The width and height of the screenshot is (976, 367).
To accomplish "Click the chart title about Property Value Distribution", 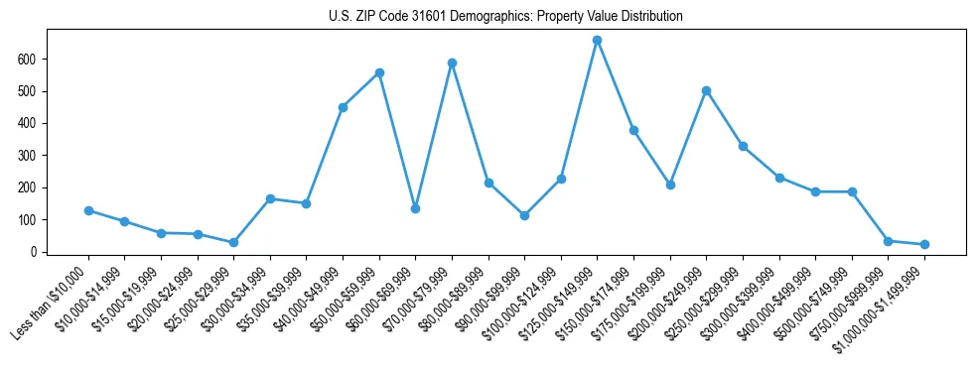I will (505, 16).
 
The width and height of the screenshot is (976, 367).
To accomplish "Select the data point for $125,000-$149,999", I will (598, 41).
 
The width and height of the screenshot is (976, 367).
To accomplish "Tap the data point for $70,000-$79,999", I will (452, 62).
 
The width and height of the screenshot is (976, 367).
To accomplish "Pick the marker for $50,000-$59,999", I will (379, 72).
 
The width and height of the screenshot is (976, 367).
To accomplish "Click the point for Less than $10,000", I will (88, 210).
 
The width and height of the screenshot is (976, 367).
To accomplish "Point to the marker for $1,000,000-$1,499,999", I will (924, 244).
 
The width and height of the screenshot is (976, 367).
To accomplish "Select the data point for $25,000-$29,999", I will (233, 242).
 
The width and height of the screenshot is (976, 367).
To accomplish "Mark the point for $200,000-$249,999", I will (706, 90).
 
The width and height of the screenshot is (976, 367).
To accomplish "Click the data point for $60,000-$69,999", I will (415, 208).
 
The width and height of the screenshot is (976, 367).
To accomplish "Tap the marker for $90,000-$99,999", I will (524, 215).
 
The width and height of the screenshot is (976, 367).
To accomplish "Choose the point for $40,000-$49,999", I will (343, 107).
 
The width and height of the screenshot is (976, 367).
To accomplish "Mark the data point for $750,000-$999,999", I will (888, 241).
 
